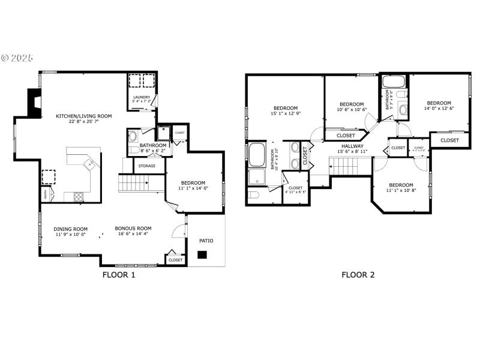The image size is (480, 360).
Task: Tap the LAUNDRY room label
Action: (x=142, y=97)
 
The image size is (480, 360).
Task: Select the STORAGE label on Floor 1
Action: (x=147, y=166)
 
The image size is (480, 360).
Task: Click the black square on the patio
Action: (x=203, y=254)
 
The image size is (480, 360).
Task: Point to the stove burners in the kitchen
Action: (x=78, y=196)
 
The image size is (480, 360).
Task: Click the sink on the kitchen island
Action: (x=88, y=162)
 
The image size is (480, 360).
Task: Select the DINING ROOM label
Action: (x=71, y=229)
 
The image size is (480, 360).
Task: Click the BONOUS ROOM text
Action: (x=133, y=229)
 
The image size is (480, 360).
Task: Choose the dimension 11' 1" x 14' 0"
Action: (x=193, y=189)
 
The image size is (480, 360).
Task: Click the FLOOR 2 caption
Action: (x=358, y=275)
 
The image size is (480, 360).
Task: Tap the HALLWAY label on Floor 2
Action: (x=353, y=146)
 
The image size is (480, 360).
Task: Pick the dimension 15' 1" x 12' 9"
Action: (x=286, y=113)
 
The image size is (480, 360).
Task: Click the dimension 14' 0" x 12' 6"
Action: (x=439, y=109)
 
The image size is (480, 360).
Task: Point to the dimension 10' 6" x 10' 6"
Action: (x=352, y=110)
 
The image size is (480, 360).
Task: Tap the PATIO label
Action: (x=206, y=241)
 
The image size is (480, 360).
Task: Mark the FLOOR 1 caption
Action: (x=118, y=275)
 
